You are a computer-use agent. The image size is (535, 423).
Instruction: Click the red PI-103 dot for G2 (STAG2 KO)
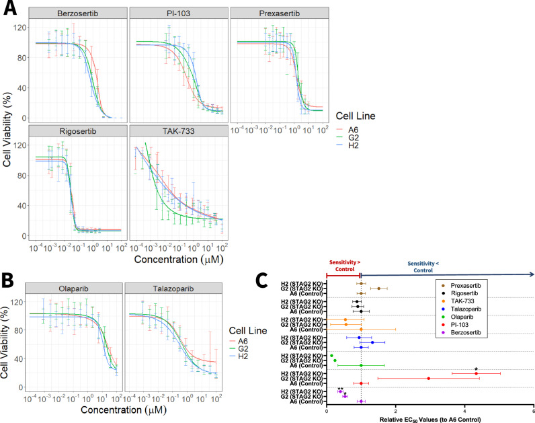428,378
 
